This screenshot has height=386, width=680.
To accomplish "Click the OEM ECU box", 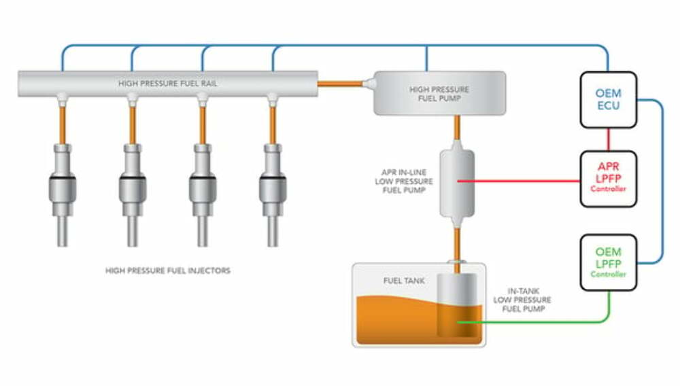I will [x=609, y=100].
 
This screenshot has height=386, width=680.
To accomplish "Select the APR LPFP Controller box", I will [x=609, y=179].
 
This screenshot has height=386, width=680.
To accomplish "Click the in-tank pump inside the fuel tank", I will [x=457, y=306].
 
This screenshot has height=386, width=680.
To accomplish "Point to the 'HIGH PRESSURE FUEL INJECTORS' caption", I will [x=168, y=270].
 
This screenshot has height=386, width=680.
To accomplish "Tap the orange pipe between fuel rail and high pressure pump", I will [x=340, y=84].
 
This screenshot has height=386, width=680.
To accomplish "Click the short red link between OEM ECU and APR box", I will [x=609, y=139].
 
